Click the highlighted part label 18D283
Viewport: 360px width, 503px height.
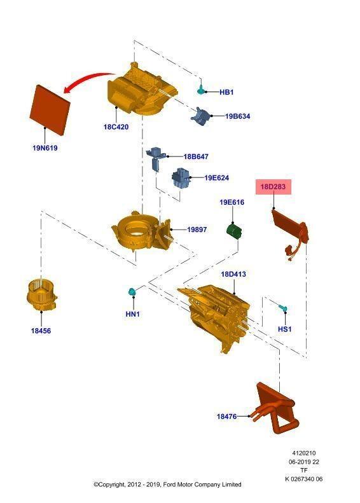pos(273,186)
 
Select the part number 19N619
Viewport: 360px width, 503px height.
pos(45,148)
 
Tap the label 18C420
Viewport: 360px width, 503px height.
pos(116,127)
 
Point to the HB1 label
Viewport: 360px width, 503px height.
pos(226,92)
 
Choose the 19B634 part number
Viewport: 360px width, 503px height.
pos(237,116)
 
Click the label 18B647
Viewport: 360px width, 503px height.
pos(196,156)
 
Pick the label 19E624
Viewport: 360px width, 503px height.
pos(217,177)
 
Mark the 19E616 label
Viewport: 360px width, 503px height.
pos(232,202)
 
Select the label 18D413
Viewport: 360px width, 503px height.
pos(233,274)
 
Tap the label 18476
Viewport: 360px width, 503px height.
pos(226,417)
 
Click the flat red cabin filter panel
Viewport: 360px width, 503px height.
pos(50,110)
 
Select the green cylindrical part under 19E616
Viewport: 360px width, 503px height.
pos(234,231)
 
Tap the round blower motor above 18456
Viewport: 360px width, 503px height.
pos(42,295)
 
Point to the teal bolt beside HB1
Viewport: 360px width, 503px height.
pos(200,89)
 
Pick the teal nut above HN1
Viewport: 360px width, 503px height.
pos(131,292)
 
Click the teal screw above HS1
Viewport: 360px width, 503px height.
pos(282,308)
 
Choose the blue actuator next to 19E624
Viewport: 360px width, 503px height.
pos(181,179)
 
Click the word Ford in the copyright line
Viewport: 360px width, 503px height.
pos(170,485)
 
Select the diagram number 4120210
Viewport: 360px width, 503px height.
pos(304,453)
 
